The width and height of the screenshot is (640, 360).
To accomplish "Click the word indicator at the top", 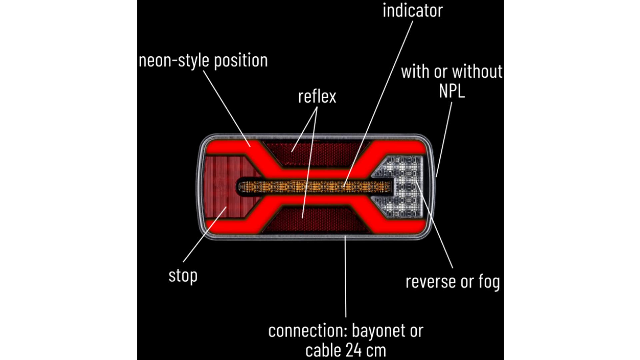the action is (x=413, y=10).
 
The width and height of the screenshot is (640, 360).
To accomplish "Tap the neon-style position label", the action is (x=203, y=61).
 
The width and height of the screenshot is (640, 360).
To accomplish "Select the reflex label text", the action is (x=317, y=96).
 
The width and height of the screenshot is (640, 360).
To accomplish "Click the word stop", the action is (x=183, y=276).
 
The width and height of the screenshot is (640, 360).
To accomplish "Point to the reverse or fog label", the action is (x=453, y=282).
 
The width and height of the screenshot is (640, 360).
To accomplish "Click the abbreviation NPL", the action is (x=452, y=91).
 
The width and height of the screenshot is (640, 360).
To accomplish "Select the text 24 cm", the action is (x=366, y=350).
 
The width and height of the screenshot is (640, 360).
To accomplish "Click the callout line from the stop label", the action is (x=205, y=234).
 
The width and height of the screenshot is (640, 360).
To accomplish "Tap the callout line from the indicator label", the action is (x=378, y=104).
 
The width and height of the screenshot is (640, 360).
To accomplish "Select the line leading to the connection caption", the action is (x=346, y=276).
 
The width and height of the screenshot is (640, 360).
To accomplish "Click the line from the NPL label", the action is (x=444, y=139).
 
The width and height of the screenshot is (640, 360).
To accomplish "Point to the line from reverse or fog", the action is (x=434, y=225).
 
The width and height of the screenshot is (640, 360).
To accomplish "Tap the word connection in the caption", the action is (x=308, y=331).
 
